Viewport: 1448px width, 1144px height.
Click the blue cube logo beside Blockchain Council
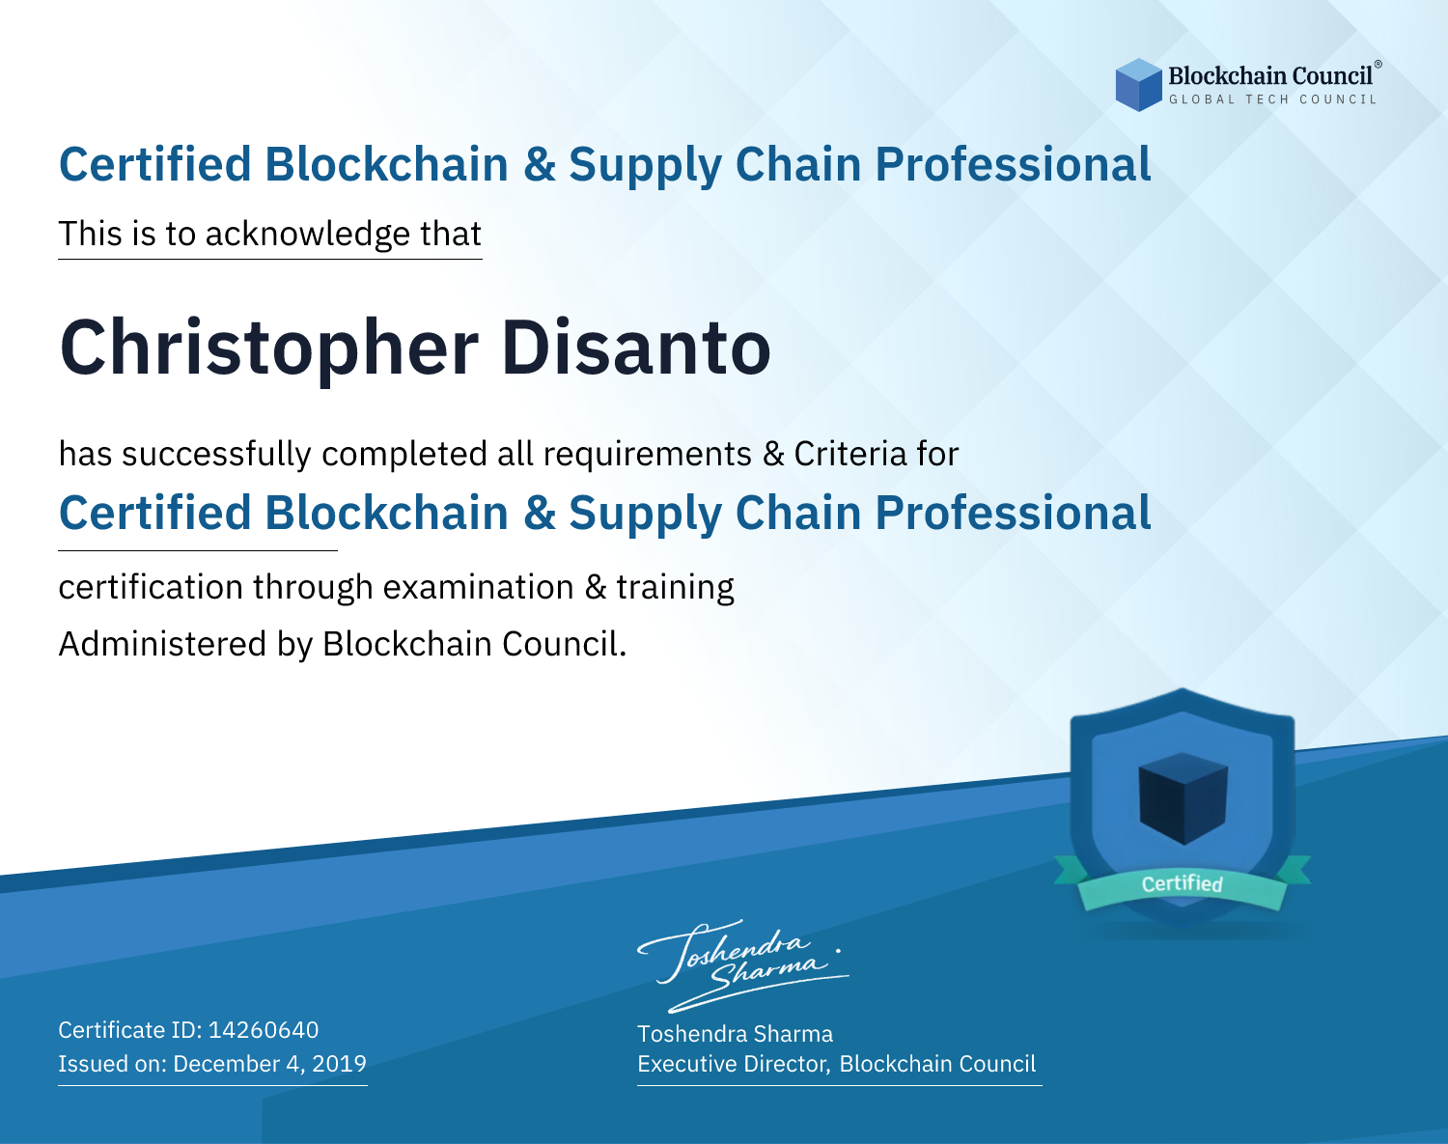(x=1138, y=85)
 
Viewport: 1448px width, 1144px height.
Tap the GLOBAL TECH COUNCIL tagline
(x=1273, y=99)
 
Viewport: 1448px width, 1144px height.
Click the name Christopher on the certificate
(x=269, y=349)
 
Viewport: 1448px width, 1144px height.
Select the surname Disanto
(x=636, y=347)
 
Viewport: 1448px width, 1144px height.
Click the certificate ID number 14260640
(x=264, y=1029)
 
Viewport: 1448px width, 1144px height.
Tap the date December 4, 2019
(x=270, y=1063)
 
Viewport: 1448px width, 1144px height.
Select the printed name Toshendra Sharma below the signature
(x=735, y=1034)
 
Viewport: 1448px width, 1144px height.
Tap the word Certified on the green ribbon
(x=1183, y=883)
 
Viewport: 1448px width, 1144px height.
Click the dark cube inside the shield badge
(x=1183, y=798)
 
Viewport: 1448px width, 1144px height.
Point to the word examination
(x=479, y=587)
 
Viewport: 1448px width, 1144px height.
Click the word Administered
(x=163, y=643)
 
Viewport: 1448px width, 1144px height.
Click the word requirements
(x=648, y=455)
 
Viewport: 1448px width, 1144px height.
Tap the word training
(x=675, y=588)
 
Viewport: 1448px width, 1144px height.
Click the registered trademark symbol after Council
(x=1378, y=65)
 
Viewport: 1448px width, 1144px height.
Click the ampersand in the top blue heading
(x=539, y=165)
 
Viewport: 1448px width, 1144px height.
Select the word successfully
(x=216, y=455)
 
